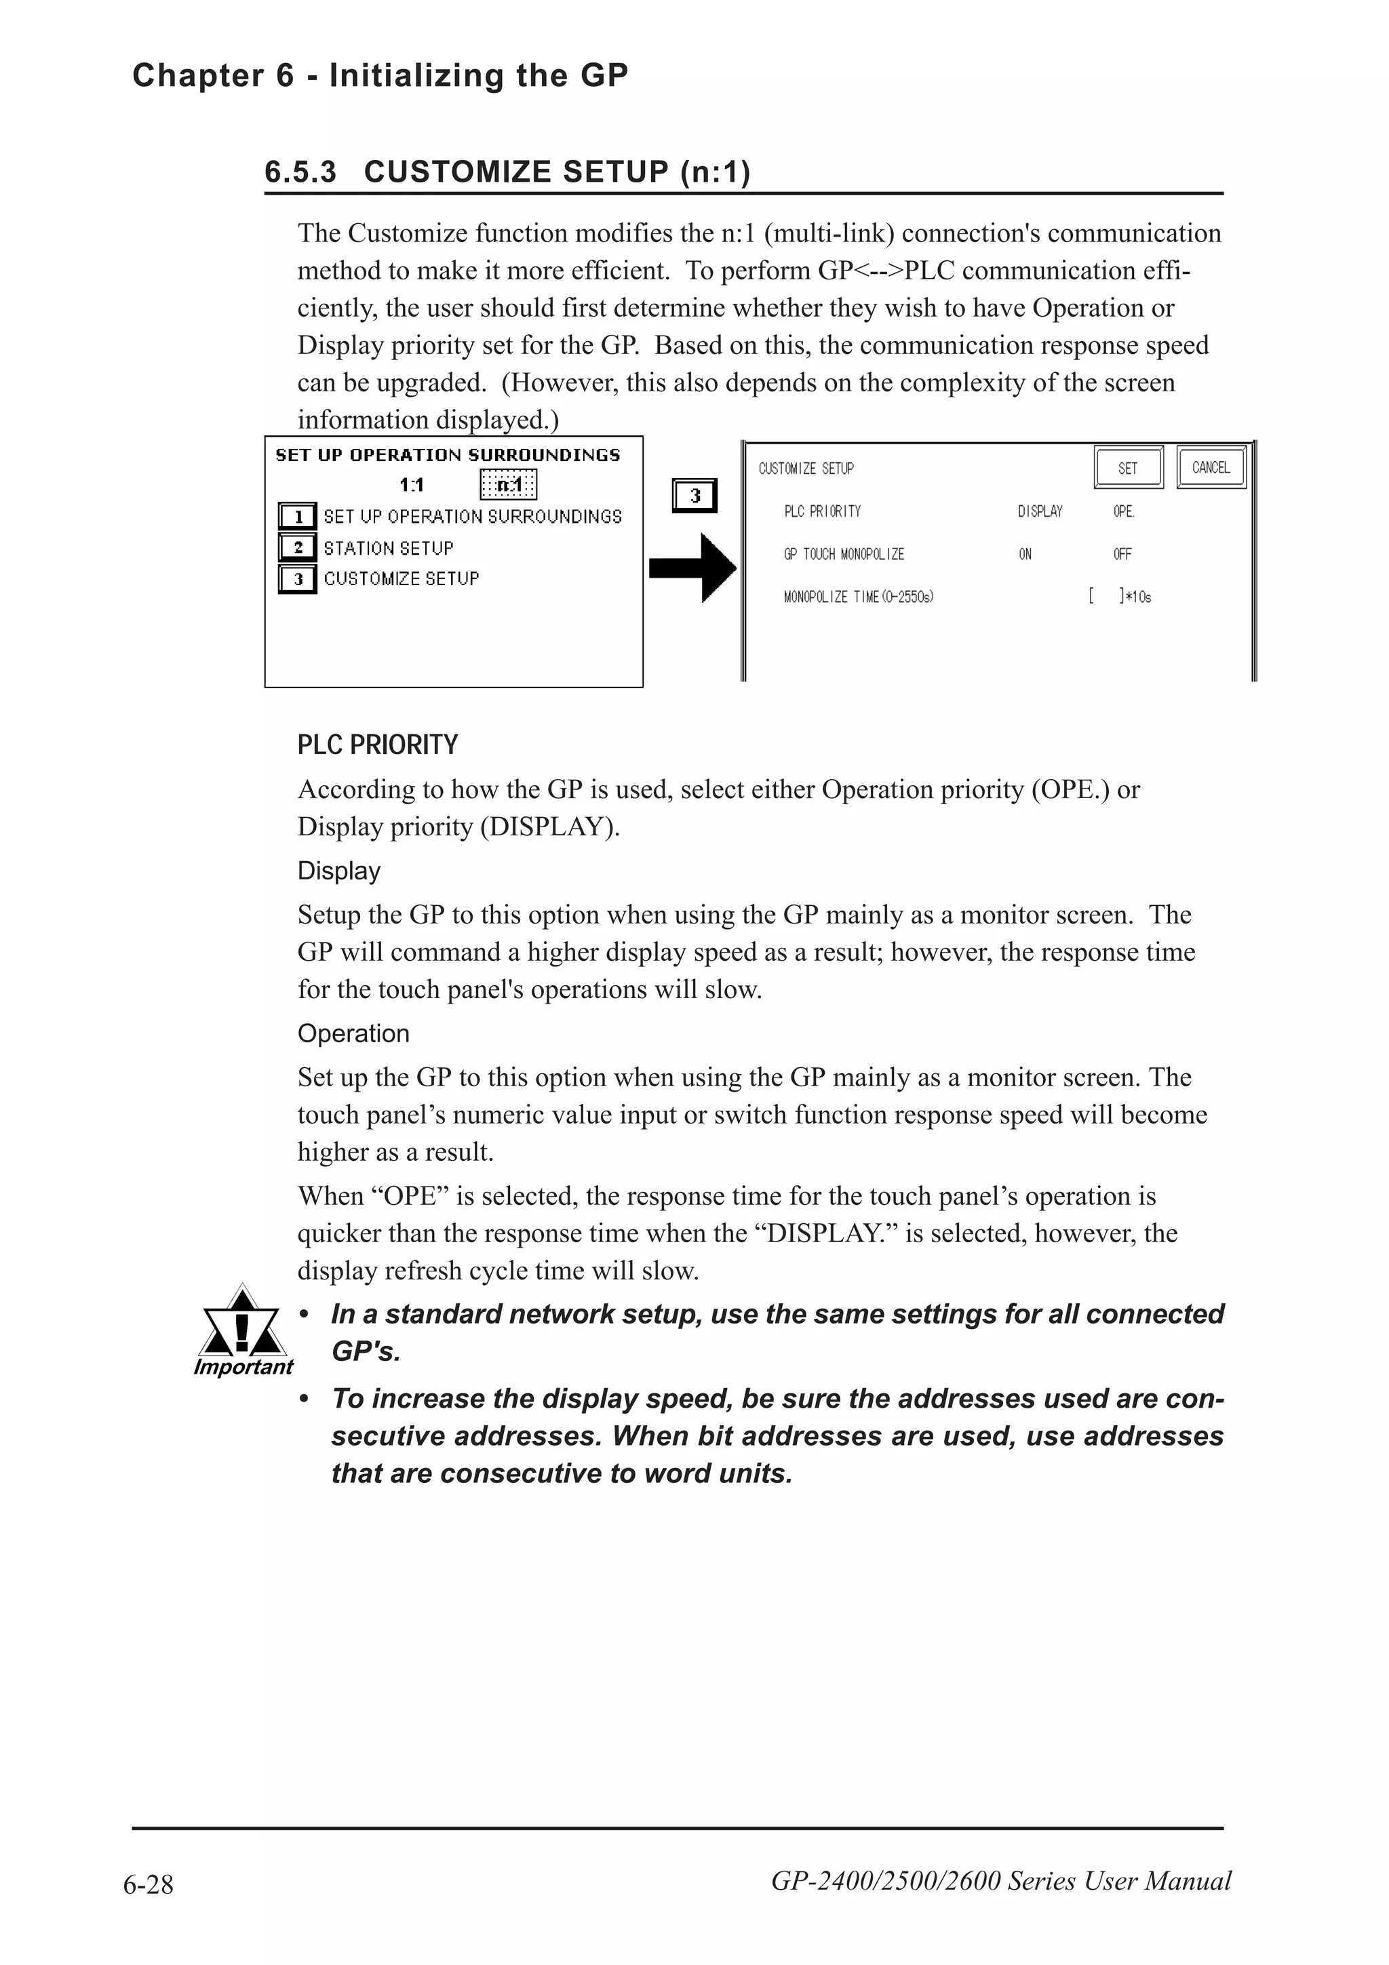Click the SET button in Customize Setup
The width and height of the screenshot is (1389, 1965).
click(x=1128, y=468)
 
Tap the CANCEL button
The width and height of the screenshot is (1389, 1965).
click(x=1210, y=467)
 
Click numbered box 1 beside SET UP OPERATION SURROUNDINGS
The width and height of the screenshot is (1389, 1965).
click(x=297, y=517)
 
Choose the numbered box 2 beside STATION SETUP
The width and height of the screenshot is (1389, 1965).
click(x=297, y=548)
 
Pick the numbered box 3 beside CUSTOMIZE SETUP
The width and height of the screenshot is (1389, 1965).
click(x=297, y=580)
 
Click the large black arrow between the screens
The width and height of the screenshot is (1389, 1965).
click(x=692, y=568)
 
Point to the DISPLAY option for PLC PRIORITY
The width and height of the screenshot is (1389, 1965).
click(x=1040, y=512)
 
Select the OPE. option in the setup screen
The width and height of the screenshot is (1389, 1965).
click(x=1124, y=512)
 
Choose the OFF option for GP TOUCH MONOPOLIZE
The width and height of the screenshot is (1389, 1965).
click(x=1122, y=555)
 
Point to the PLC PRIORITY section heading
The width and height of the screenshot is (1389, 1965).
click(x=377, y=745)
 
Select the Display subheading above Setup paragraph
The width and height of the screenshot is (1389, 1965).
click(x=339, y=871)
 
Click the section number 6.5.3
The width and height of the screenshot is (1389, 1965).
click(x=300, y=172)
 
